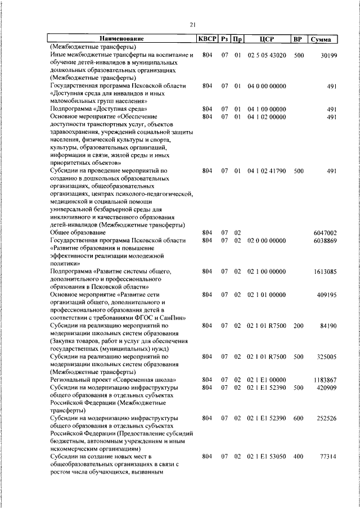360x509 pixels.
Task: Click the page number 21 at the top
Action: tap(192, 24)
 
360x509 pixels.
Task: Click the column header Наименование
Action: tap(122, 39)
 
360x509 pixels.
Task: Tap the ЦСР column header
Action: tap(267, 39)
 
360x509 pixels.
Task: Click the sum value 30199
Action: tap(327, 55)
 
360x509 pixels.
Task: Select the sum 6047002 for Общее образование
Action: tap(325, 232)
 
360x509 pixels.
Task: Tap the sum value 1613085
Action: tap(325, 271)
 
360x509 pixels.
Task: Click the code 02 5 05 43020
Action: tap(267, 55)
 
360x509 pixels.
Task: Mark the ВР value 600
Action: tap(298, 418)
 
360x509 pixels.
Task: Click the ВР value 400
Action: tap(298, 458)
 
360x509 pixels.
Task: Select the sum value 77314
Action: tap(327, 458)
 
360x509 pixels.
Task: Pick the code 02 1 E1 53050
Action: tap(267, 458)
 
